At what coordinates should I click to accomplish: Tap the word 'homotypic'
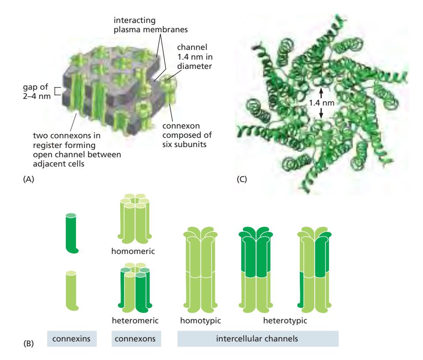[197, 318]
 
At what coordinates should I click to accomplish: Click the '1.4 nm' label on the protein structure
[321, 102]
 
